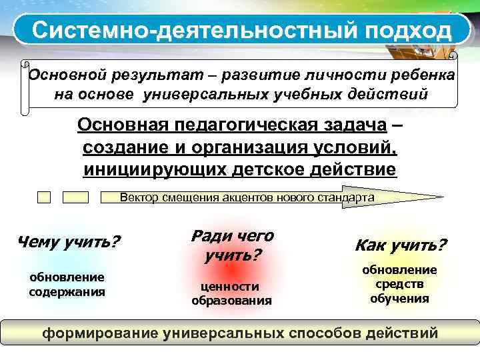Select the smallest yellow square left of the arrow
(x=44, y=197)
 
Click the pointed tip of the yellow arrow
(x=441, y=197)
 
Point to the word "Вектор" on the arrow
(x=135, y=197)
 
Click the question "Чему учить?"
(x=67, y=241)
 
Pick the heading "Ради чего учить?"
(x=232, y=245)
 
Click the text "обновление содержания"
(x=67, y=284)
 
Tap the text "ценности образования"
(x=231, y=293)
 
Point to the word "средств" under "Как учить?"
(x=399, y=284)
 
